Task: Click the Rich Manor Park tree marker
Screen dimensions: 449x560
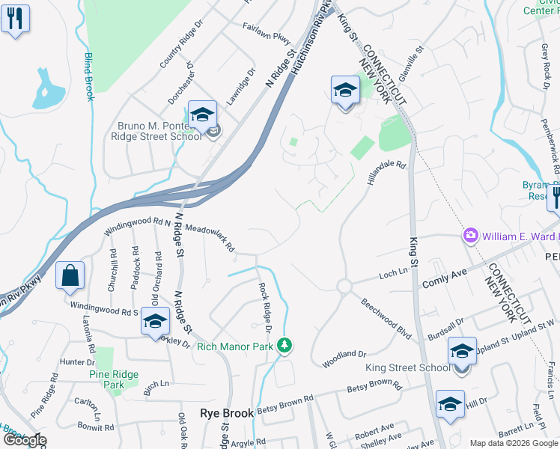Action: [x=284, y=345]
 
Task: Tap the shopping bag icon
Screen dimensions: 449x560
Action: [x=70, y=275]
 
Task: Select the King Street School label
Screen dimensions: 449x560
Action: [x=408, y=367]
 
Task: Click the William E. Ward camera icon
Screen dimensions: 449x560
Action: [x=470, y=236]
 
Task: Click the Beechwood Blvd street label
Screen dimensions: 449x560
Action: [x=386, y=320]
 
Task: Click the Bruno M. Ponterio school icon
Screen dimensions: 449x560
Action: [x=202, y=114]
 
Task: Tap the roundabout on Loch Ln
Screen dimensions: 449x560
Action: [x=344, y=286]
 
